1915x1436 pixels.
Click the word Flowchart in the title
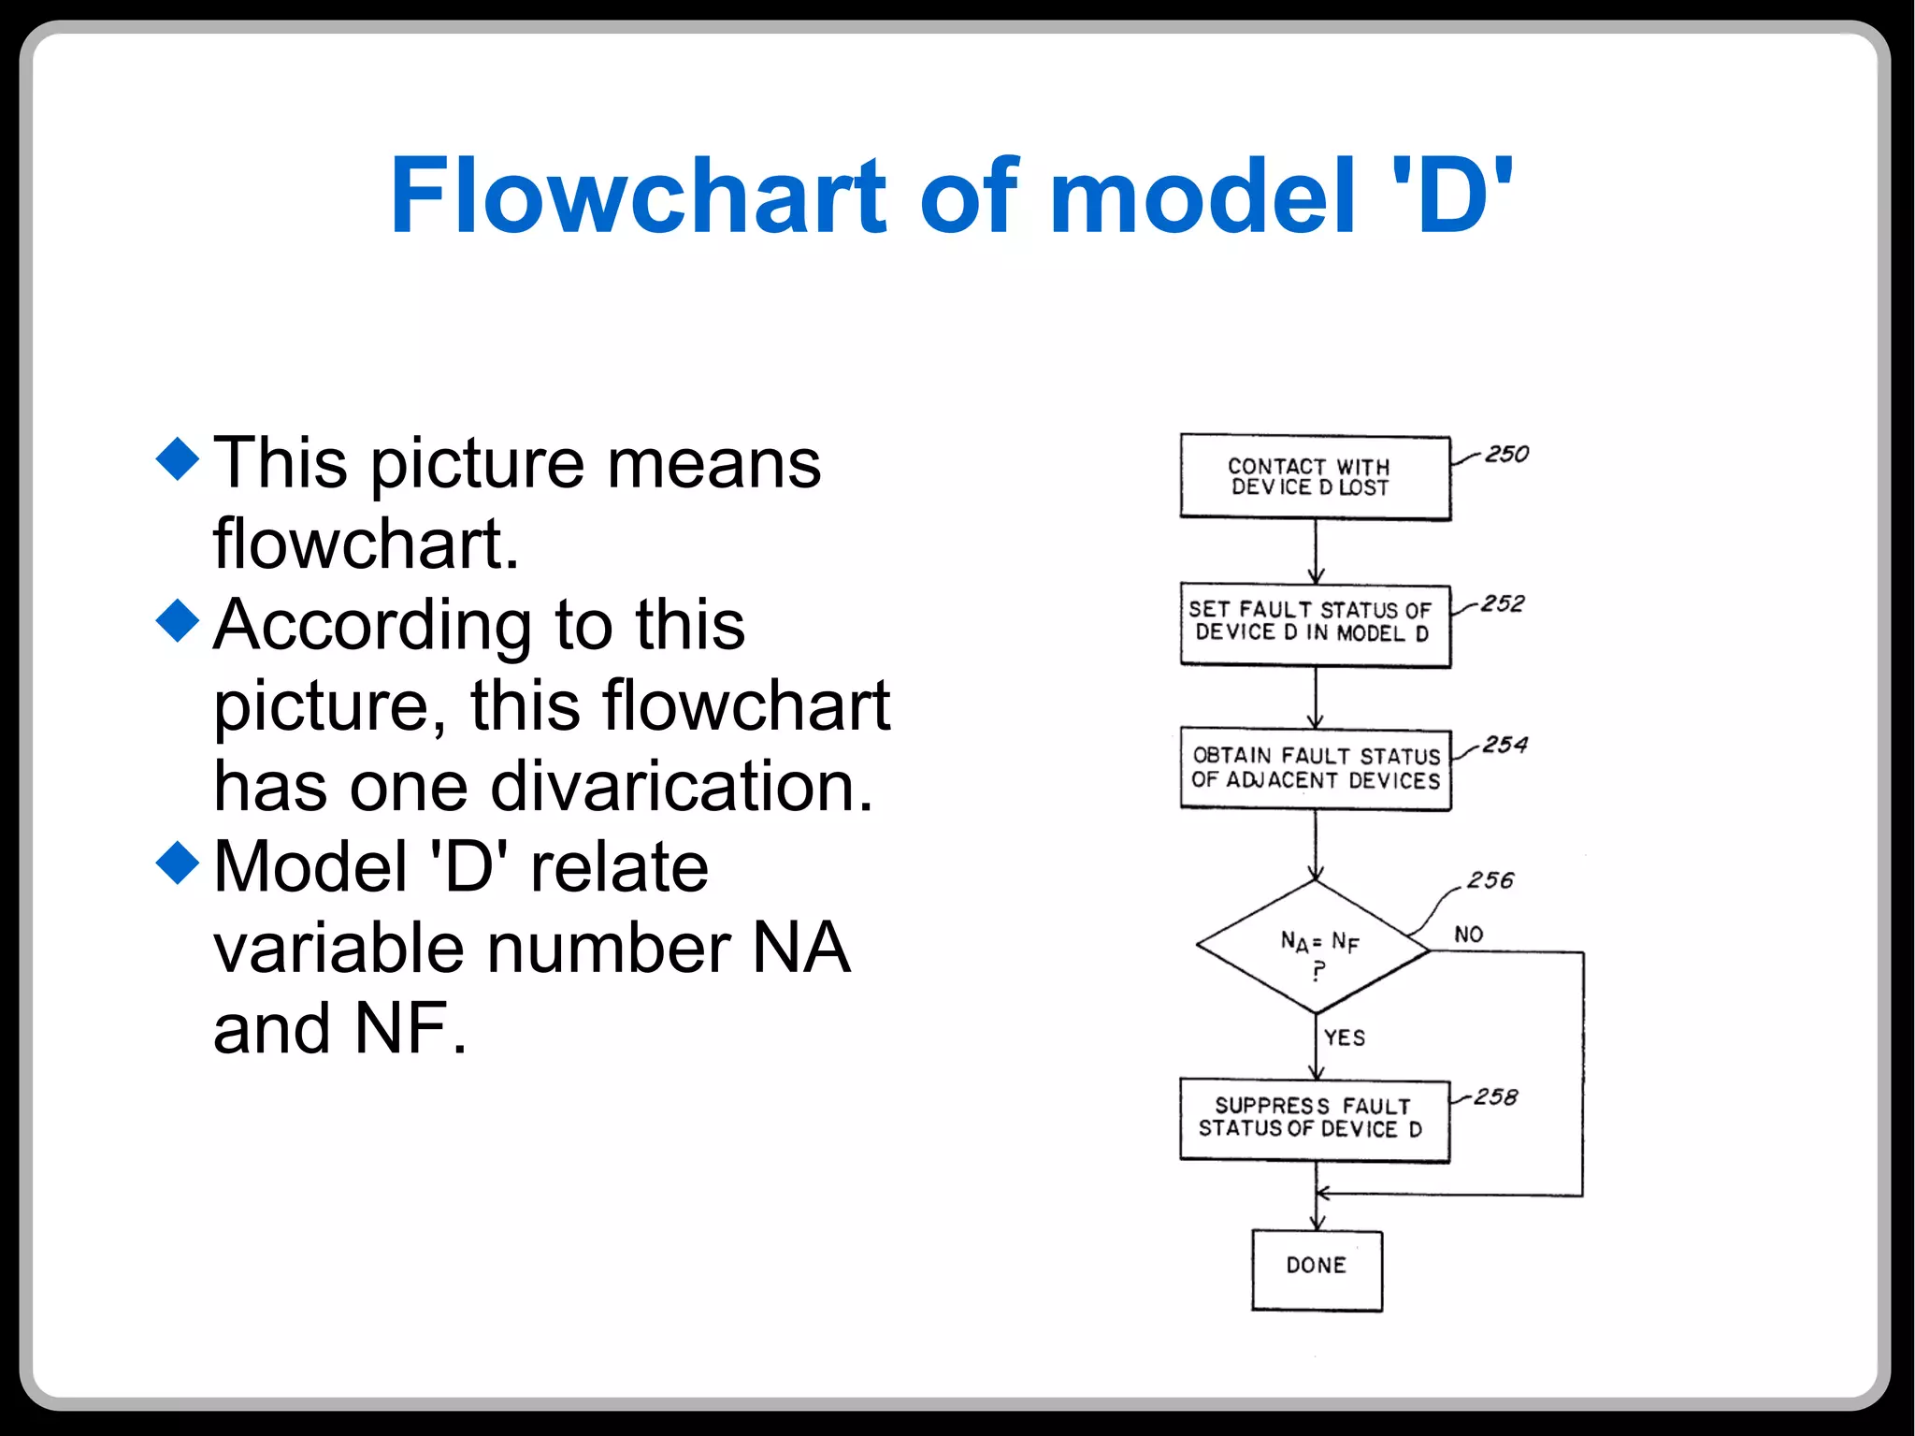tap(637, 196)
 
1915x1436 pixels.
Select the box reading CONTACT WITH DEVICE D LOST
tap(1315, 477)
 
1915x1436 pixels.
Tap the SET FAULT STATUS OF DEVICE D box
tap(1315, 625)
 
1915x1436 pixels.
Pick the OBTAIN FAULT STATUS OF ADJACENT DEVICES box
tap(1315, 768)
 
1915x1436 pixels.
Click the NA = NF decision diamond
tap(1314, 948)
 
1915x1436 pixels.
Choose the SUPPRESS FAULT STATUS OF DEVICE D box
tap(1314, 1119)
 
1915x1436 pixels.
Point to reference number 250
tap(1506, 455)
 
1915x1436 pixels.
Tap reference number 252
tap(1503, 604)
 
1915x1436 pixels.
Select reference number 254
tap(1505, 746)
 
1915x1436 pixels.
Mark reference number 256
tap(1490, 881)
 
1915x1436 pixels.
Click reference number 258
tap(1495, 1097)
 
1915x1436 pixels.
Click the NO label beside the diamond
tap(1468, 935)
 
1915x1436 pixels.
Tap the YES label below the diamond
tap(1344, 1037)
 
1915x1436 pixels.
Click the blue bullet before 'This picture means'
tap(178, 458)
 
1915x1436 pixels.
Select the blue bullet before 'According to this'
tap(178, 620)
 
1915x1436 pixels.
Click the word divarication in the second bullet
tap(682, 787)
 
